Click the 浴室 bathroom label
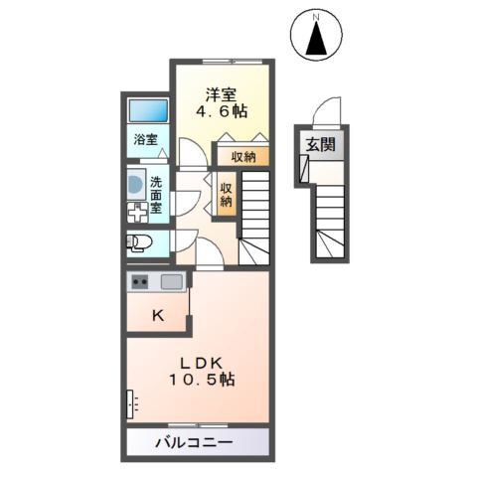pos(146,140)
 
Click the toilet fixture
pos(138,241)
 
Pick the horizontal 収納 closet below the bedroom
pos(243,157)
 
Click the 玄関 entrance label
pos(320,145)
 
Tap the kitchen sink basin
pos(172,281)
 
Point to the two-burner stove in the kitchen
pos(138,282)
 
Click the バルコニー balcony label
pos(194,440)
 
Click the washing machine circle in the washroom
pos(135,184)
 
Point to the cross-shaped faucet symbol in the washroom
pos(135,210)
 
